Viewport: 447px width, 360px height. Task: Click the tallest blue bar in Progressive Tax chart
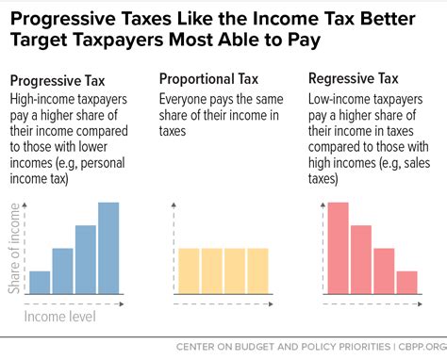tap(108, 248)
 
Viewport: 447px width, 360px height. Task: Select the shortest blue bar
tap(40, 282)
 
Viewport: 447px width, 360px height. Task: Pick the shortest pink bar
tap(406, 282)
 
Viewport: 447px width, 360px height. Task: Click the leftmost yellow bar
tap(189, 270)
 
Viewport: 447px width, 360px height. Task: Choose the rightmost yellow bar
tap(257, 270)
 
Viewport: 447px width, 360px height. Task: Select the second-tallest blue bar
tap(86, 259)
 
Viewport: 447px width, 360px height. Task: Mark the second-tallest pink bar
tap(361, 259)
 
